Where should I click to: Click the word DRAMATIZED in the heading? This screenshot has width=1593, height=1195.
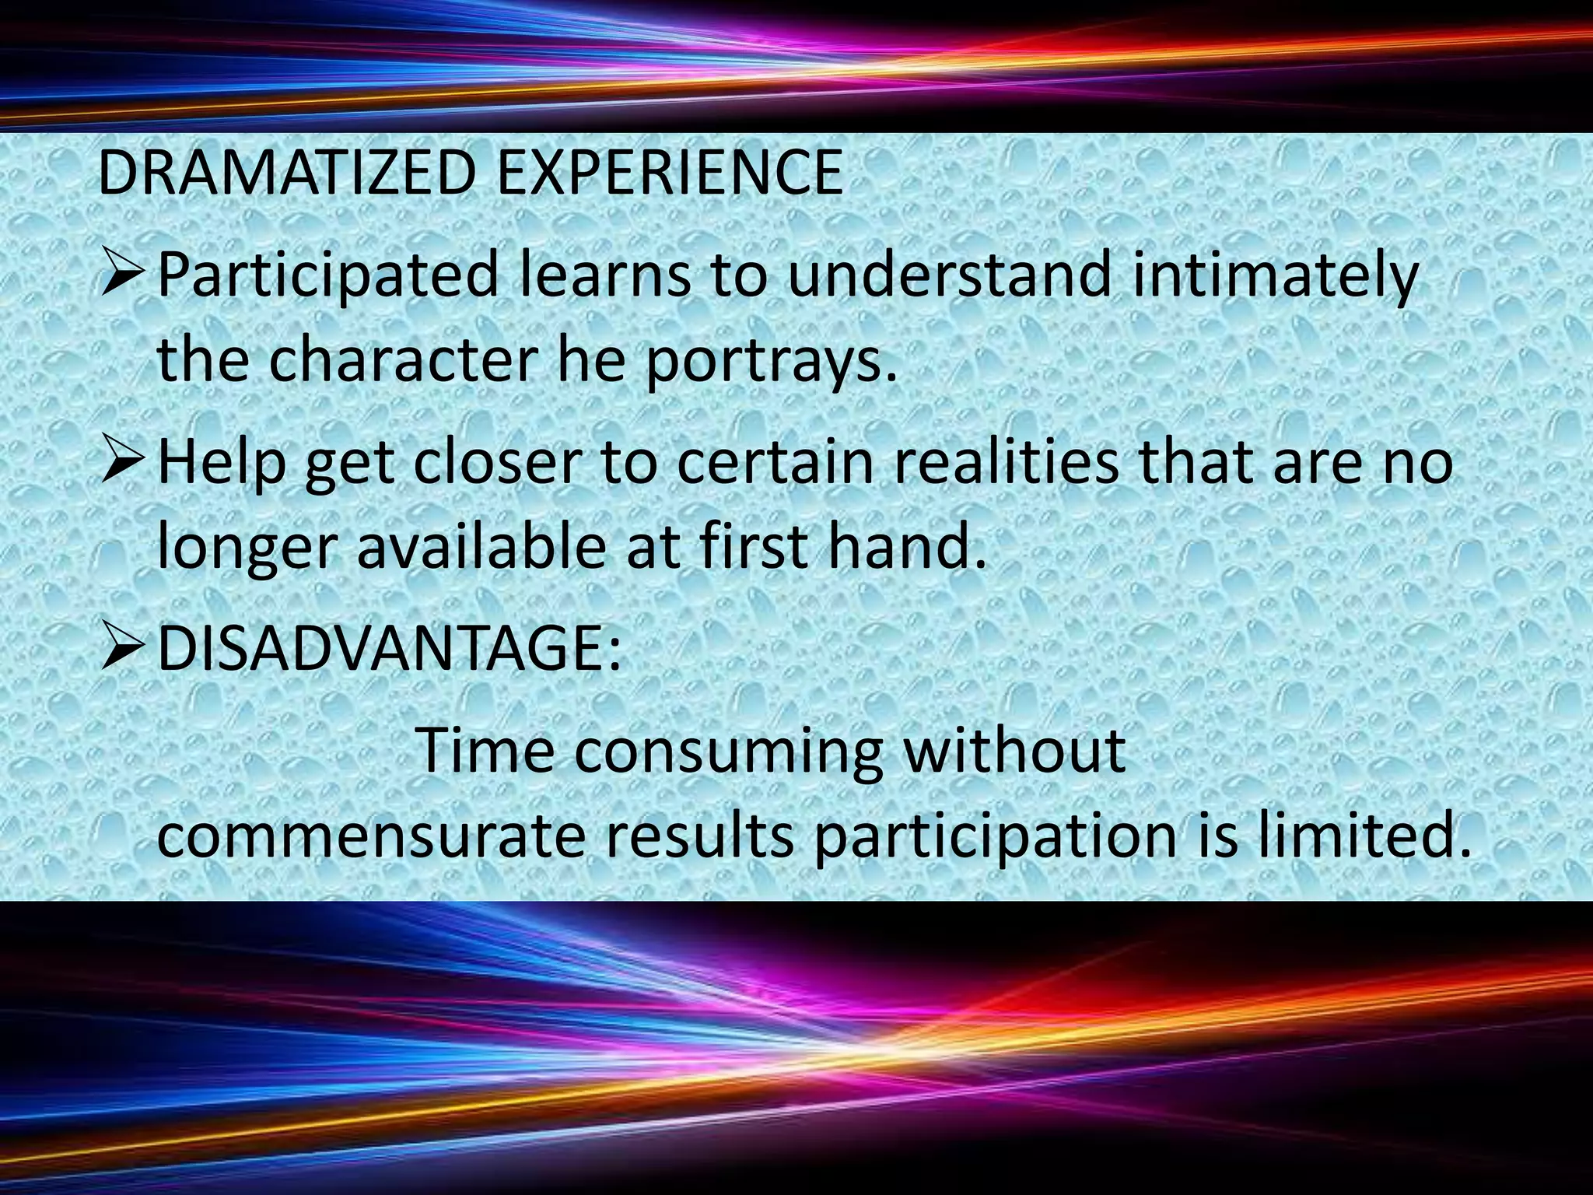click(285, 173)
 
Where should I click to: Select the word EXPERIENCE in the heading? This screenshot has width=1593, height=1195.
click(669, 173)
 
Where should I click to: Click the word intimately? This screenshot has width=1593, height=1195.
click(1274, 276)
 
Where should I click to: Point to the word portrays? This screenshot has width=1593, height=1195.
click(770, 363)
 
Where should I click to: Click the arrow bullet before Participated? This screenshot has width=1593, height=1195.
click(123, 278)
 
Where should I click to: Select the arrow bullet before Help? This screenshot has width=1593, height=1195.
click(123, 463)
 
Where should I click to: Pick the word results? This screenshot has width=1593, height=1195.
click(699, 837)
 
